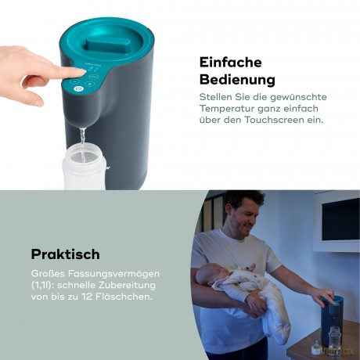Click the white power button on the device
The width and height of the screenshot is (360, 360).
click(77, 89)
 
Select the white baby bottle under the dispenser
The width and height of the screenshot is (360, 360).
click(85, 171)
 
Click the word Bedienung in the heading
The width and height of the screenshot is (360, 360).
click(236, 79)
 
